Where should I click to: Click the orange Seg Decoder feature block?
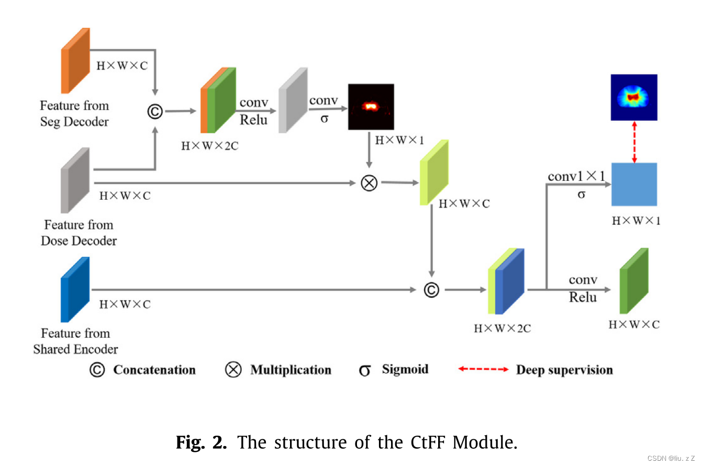tap(76, 61)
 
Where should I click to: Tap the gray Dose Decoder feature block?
tap(75, 180)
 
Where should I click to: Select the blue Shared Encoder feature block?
tap(75, 289)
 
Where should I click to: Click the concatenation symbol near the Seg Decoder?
tap(155, 111)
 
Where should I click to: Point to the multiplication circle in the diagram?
tap(369, 183)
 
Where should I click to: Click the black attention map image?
tap(371, 107)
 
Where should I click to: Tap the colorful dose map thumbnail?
tap(634, 97)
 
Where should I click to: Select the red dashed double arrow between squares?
tap(634, 142)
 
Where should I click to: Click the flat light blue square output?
tap(634, 184)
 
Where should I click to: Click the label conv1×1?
tap(576, 176)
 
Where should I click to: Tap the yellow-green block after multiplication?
tap(434, 172)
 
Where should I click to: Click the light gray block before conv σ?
tap(293, 100)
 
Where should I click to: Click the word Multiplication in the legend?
tap(291, 370)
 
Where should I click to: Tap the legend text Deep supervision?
tap(564, 370)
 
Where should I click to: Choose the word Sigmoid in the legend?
tap(405, 369)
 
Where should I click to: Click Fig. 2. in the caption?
tap(202, 442)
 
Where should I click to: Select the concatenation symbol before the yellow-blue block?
tap(431, 289)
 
